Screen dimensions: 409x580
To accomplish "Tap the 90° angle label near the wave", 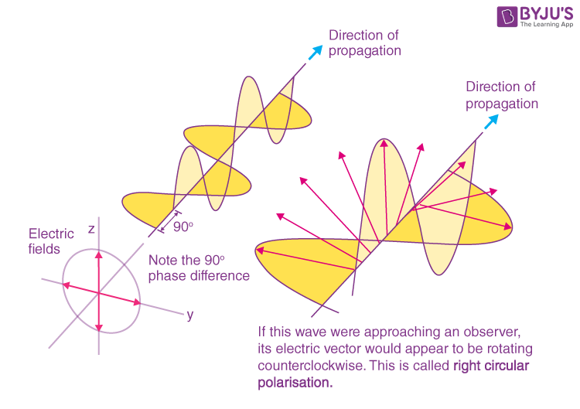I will (184, 227).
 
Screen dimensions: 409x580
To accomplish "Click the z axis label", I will (91, 229).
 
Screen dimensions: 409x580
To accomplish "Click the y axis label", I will (189, 315).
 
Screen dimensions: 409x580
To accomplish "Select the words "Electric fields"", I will (51, 240).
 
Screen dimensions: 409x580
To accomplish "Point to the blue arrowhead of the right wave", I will (492, 121).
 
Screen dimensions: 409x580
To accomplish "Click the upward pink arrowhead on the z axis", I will (98, 254).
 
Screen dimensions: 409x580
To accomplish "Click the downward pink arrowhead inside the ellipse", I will (100, 326).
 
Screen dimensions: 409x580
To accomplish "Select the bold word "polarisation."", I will (295, 383).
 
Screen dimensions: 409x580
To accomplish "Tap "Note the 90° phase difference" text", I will (198, 268).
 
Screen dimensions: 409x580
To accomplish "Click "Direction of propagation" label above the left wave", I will (365, 43).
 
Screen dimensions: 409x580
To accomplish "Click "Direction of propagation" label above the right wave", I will (501, 95).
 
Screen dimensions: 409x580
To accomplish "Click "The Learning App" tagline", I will (546, 25).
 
